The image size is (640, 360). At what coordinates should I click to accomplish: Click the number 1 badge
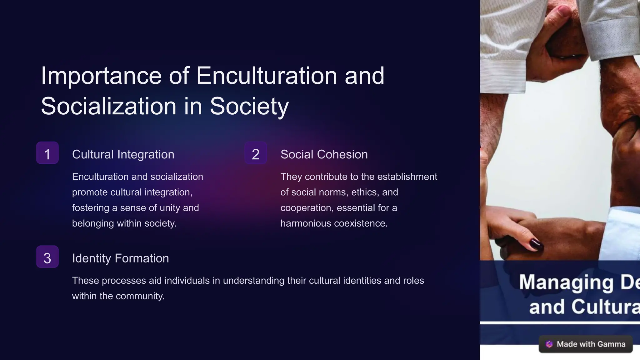click(47, 153)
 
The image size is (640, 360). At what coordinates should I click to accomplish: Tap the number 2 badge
click(256, 153)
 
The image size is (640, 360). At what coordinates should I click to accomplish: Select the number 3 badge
click(47, 257)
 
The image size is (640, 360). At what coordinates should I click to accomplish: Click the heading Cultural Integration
click(123, 154)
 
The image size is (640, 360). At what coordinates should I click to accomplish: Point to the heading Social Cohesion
click(324, 154)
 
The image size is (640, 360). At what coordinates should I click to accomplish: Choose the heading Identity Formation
click(120, 258)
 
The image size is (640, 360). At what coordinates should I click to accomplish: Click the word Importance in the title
click(101, 76)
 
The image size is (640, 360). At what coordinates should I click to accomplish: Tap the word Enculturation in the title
click(267, 76)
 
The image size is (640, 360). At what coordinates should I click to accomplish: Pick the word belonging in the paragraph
click(93, 223)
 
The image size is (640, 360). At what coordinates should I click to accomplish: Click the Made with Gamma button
click(585, 344)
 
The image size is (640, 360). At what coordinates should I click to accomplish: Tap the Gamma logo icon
click(549, 344)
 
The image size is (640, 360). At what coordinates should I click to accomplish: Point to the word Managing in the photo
click(566, 282)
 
